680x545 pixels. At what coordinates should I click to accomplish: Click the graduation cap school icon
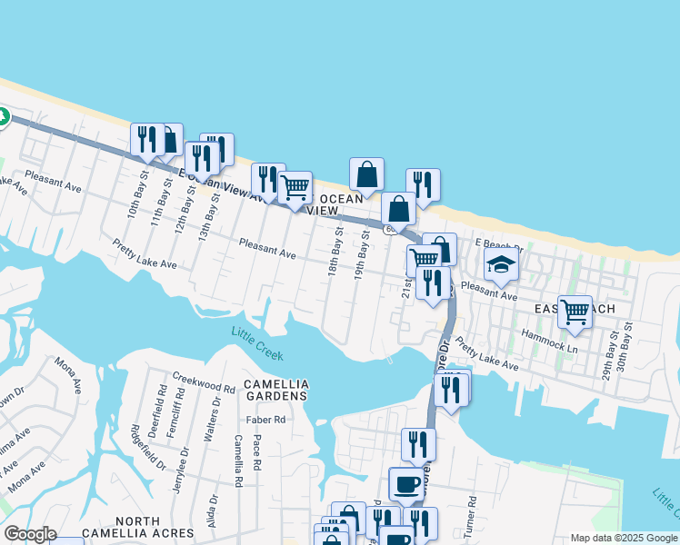(x=501, y=264)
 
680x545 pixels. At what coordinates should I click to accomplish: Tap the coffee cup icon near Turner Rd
(x=406, y=482)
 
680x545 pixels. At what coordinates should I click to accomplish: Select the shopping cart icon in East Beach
(x=575, y=312)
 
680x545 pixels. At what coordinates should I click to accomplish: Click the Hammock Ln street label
(x=549, y=341)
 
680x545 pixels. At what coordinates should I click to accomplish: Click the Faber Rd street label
(x=266, y=420)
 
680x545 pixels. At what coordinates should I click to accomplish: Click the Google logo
(x=30, y=533)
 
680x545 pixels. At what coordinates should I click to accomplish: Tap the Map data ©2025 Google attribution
(x=623, y=538)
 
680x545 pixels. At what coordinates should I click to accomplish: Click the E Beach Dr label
(x=501, y=246)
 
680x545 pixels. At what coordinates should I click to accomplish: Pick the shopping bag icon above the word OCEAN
(x=366, y=173)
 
